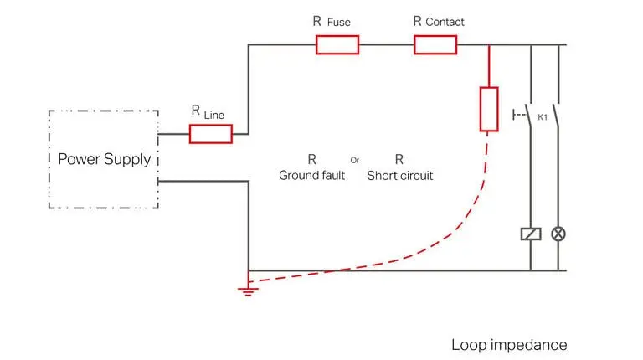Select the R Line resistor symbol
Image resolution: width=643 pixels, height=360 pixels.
point(210,133)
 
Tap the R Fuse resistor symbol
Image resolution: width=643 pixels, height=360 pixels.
point(337,44)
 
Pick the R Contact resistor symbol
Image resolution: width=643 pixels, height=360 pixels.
point(435,44)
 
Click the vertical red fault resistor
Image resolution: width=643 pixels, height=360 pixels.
point(489,109)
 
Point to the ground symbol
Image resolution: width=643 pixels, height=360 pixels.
point(247,290)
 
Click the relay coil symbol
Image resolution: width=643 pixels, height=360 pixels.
point(530,234)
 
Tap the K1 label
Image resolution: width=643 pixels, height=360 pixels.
point(543,118)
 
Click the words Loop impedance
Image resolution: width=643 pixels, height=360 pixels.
point(509,344)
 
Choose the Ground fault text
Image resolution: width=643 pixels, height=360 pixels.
point(311,176)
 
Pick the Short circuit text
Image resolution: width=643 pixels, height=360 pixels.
point(399,176)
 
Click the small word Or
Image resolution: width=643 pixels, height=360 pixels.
point(355,158)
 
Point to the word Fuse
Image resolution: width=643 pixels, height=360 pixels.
point(339,22)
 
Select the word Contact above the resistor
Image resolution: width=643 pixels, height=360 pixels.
point(445,22)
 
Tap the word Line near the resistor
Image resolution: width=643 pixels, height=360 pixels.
point(214,115)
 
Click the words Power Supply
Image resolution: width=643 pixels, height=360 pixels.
point(104,159)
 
